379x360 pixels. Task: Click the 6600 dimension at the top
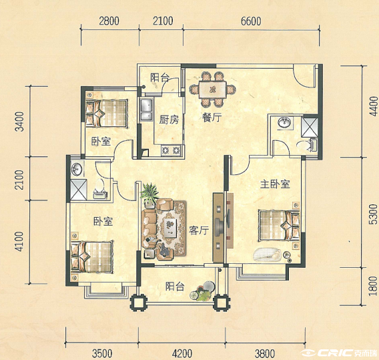point(251,21)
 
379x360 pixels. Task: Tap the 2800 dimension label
point(109,21)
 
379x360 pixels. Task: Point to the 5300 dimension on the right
point(373,214)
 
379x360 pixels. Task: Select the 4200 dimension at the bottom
point(182,354)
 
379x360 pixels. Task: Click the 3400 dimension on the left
point(19,122)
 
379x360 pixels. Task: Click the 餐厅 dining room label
point(212,118)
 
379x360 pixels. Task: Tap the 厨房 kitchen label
point(169,120)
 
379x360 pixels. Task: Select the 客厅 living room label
point(199,230)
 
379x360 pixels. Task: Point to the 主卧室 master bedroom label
point(275,184)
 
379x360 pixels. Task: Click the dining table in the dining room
point(212,89)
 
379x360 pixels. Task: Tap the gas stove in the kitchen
point(171,150)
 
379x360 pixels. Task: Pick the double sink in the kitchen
point(147,110)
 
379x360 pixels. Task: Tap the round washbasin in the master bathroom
point(285,122)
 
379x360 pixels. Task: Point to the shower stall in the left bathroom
point(78,190)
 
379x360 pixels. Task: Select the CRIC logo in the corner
point(339,353)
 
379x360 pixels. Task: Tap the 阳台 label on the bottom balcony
point(175,287)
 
